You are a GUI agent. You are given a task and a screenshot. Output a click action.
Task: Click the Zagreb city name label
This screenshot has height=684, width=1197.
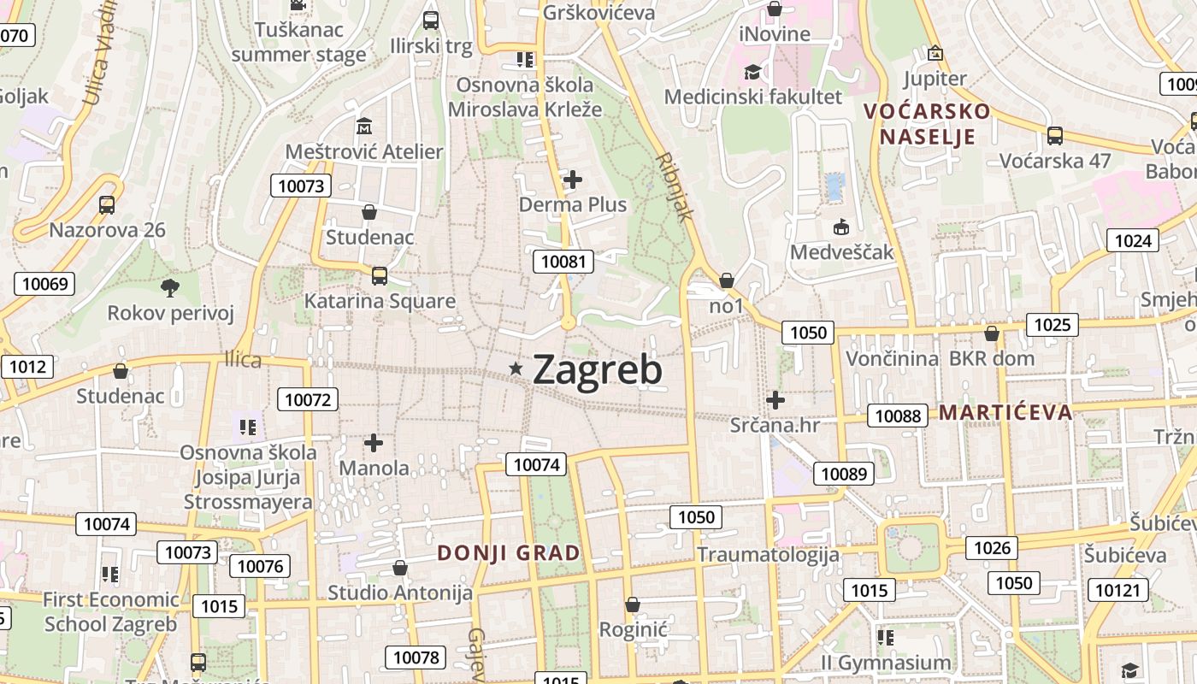[x=597, y=370]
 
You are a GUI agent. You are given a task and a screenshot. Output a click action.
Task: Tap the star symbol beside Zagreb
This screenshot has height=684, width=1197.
[x=516, y=369]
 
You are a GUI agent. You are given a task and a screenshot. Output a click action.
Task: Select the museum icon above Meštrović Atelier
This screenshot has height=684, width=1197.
[x=364, y=127]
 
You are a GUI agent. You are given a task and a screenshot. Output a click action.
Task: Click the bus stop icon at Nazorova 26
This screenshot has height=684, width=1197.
[x=107, y=205]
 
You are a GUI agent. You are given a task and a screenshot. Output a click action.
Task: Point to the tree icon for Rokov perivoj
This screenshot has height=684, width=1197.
[x=170, y=287]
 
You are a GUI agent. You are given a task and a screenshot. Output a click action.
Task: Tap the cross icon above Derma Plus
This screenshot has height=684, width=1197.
[x=573, y=180]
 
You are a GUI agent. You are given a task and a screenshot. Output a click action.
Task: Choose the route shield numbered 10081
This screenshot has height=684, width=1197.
[x=563, y=262]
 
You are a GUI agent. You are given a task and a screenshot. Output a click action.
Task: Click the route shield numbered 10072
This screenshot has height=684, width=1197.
[x=308, y=399]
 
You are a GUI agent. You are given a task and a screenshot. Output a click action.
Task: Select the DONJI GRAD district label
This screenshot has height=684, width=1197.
[x=509, y=553]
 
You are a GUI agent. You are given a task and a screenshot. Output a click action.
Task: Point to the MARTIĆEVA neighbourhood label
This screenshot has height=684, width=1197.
[x=1005, y=413]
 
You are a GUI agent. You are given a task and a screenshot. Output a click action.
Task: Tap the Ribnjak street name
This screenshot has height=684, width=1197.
[x=675, y=187]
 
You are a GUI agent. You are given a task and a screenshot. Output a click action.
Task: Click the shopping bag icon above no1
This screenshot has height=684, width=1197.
[x=726, y=280]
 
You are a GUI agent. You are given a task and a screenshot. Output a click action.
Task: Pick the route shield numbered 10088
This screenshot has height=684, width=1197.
[x=898, y=416]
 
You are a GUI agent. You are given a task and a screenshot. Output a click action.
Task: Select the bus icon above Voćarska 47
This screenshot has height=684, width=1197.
[x=1055, y=135]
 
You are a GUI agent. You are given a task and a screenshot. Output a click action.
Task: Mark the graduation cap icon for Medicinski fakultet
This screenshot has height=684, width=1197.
[x=752, y=72]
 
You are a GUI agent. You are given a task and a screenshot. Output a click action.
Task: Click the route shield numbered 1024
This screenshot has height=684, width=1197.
[x=1133, y=241]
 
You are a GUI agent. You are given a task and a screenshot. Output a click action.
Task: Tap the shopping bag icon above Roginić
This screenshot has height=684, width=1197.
[x=633, y=605]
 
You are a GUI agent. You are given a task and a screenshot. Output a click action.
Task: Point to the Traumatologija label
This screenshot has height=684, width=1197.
[x=768, y=555]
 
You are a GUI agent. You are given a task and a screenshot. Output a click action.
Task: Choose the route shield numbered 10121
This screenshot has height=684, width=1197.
[x=1117, y=590]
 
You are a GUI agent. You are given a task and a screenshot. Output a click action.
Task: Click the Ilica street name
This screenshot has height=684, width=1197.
[x=243, y=360]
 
